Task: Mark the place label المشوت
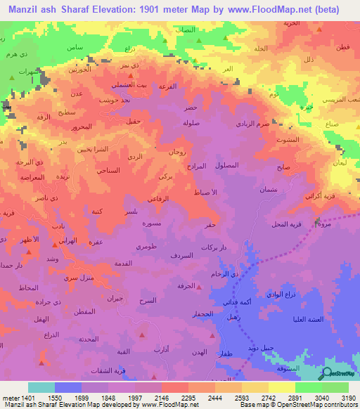point(289,139)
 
